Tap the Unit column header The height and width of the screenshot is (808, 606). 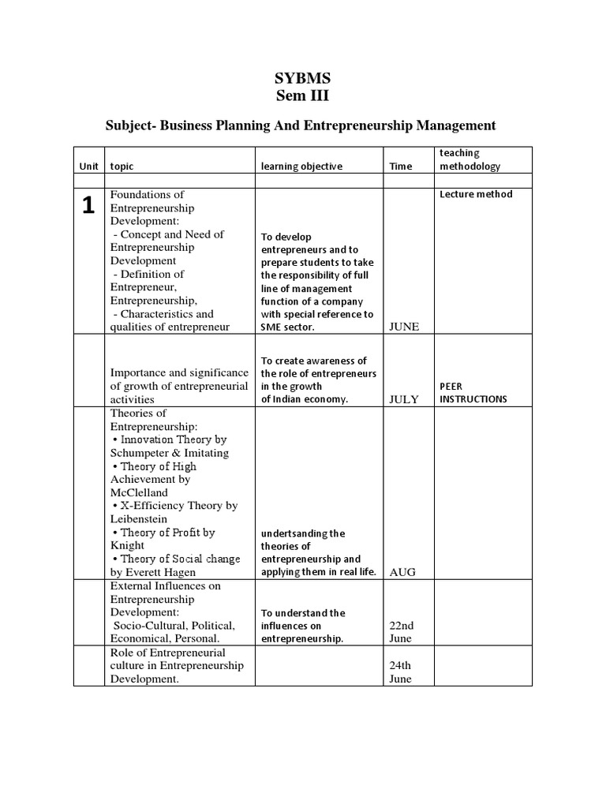(88, 166)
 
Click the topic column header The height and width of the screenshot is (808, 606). (122, 166)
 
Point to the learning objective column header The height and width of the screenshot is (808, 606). (301, 166)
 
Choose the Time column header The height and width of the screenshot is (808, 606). (401, 166)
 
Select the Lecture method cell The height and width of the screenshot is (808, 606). (476, 194)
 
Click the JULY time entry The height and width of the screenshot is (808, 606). (403, 399)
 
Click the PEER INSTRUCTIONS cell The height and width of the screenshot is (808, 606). (473, 393)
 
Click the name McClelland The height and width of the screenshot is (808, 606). (140, 492)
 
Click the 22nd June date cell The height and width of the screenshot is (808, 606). (402, 632)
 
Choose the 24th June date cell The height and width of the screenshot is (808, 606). (401, 672)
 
